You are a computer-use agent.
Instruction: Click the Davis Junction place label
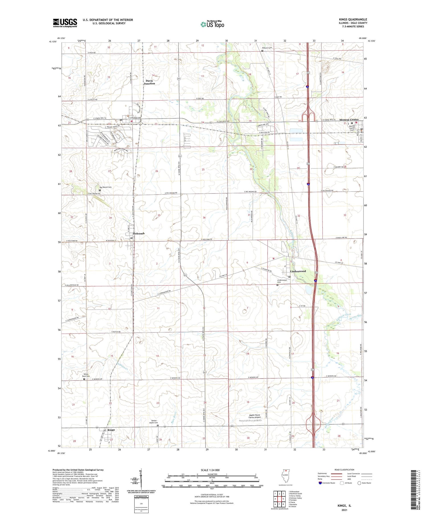coord(149,82)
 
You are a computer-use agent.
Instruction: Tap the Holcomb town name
coord(138,233)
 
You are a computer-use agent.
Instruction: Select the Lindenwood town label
coord(298,271)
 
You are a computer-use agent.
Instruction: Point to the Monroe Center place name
coord(349,120)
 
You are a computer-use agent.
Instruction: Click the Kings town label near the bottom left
coord(111,430)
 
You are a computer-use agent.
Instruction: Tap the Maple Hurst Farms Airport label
coord(254,416)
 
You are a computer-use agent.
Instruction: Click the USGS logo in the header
coord(65,23)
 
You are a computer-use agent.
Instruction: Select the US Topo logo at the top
coord(212,24)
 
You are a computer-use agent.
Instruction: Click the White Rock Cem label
coord(86,375)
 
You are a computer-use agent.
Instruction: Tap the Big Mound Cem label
coord(105,187)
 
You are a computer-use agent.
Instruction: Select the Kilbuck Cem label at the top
coord(267,48)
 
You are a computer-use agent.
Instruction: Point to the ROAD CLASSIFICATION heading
coord(344,470)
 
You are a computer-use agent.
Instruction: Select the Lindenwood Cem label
coord(282,281)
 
